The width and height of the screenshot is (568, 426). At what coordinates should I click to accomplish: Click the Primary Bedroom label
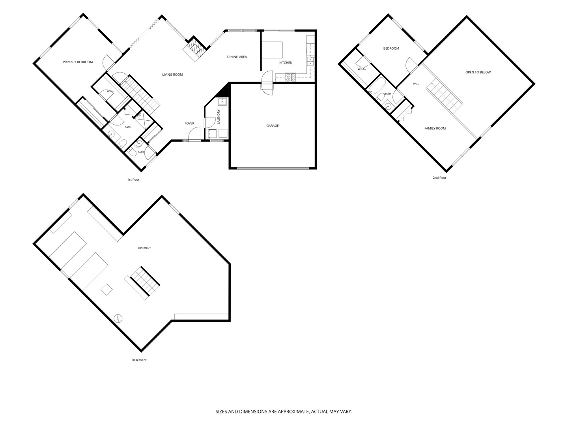[x=78, y=62]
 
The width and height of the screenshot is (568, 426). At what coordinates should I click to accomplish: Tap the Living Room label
[x=172, y=75]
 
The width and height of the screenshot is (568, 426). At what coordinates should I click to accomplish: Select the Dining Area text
[x=237, y=57]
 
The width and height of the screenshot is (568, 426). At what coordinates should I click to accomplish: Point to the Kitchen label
[x=286, y=63]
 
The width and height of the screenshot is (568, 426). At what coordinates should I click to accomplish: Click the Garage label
[x=273, y=126]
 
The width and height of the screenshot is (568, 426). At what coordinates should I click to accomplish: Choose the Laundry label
[x=219, y=117]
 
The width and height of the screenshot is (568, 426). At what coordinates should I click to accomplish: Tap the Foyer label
[x=189, y=123]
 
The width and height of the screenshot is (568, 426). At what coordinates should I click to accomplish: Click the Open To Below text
[x=478, y=73]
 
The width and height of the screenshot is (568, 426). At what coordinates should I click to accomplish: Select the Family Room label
[x=435, y=128]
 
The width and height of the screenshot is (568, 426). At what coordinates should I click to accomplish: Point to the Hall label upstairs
[x=416, y=84]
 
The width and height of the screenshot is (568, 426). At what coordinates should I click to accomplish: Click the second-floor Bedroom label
[x=391, y=49]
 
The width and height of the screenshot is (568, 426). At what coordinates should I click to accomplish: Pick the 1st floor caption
[x=133, y=179]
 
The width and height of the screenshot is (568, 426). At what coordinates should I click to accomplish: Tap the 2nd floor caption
[x=439, y=177]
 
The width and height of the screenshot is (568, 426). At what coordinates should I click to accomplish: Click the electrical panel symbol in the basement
[x=118, y=318]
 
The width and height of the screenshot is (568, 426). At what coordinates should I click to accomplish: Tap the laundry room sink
[x=222, y=101]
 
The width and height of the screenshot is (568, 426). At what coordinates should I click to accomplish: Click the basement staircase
[x=145, y=281]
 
